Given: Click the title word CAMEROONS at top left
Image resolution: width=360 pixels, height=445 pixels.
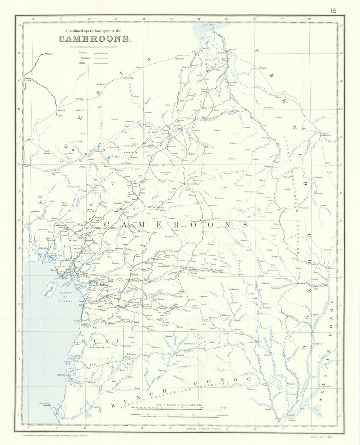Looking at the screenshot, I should click(95, 39).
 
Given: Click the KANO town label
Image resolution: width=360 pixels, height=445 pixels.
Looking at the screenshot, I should click(50, 54).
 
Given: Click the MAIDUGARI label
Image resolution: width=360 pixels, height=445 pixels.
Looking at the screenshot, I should click(184, 55).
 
